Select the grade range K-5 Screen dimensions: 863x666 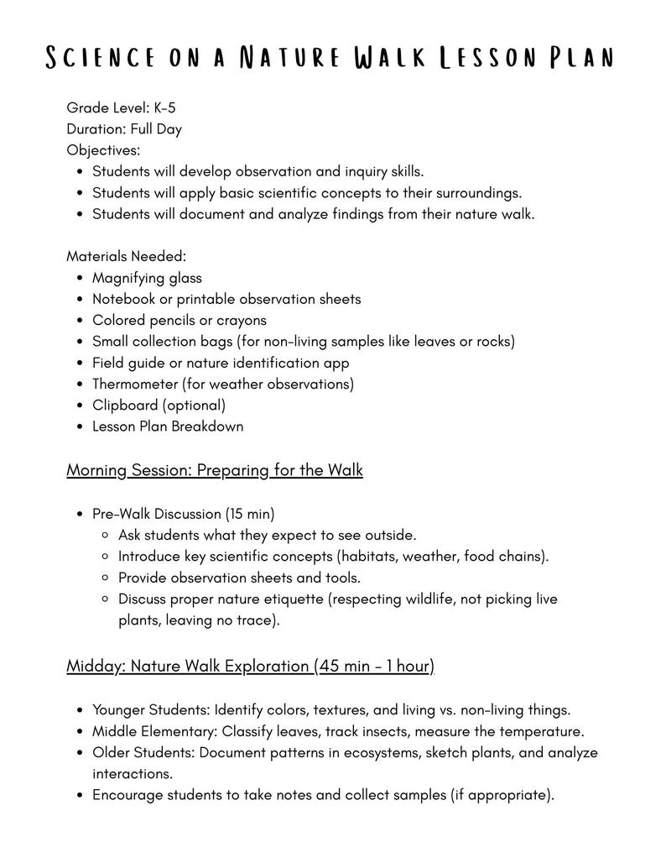[x=164, y=107]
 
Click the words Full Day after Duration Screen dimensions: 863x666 [x=156, y=129]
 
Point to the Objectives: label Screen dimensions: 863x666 [x=103, y=150]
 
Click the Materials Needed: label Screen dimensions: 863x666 [x=126, y=256]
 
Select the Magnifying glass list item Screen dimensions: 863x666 [x=147, y=278]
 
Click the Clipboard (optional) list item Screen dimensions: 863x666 [x=159, y=405]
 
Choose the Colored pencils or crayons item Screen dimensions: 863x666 [x=179, y=320]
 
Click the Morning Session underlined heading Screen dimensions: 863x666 [x=214, y=469]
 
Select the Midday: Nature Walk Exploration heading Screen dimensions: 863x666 [x=250, y=666]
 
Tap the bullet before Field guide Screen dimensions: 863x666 [x=79, y=363]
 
